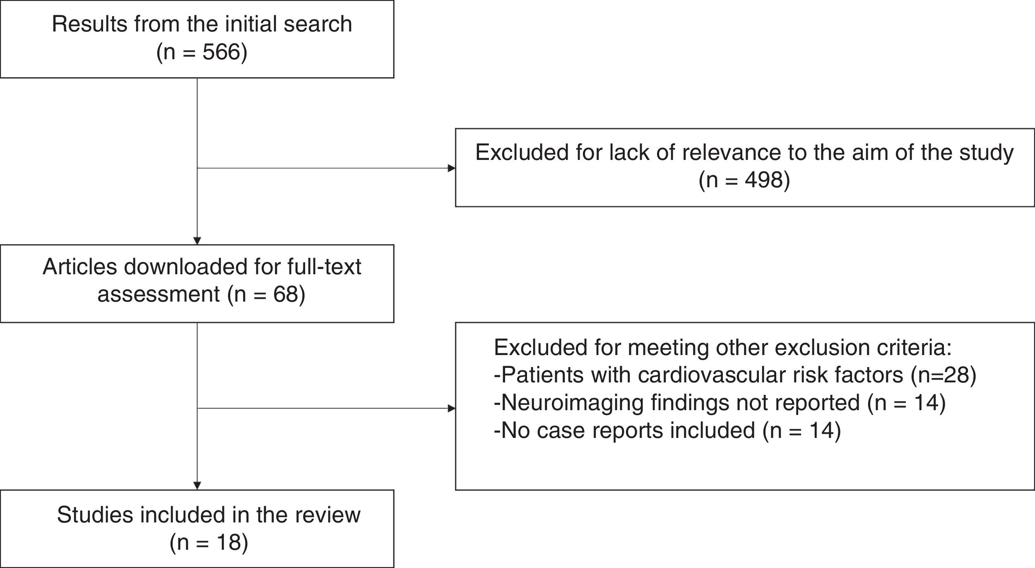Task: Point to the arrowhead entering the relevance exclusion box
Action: pos(452,168)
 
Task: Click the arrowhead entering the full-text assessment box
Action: pos(197,241)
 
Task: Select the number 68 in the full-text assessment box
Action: pos(285,294)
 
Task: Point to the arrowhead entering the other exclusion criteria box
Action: pos(452,408)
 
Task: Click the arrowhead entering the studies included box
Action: pos(197,486)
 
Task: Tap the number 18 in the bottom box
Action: pos(228,543)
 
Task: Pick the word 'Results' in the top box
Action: pos(89,24)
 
